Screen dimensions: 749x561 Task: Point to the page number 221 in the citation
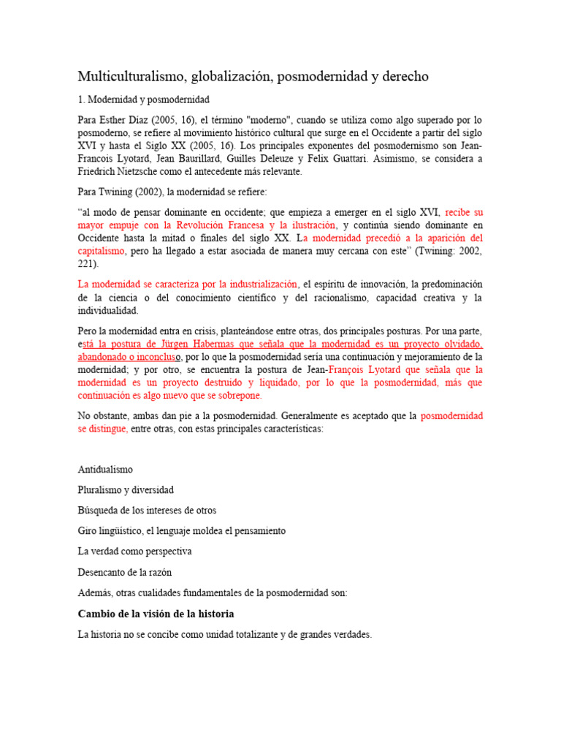click(x=85, y=264)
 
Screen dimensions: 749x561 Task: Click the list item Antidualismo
click(x=105, y=469)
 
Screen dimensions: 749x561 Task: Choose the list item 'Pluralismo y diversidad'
click(x=126, y=489)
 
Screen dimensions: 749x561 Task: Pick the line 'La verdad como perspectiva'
click(x=134, y=551)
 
